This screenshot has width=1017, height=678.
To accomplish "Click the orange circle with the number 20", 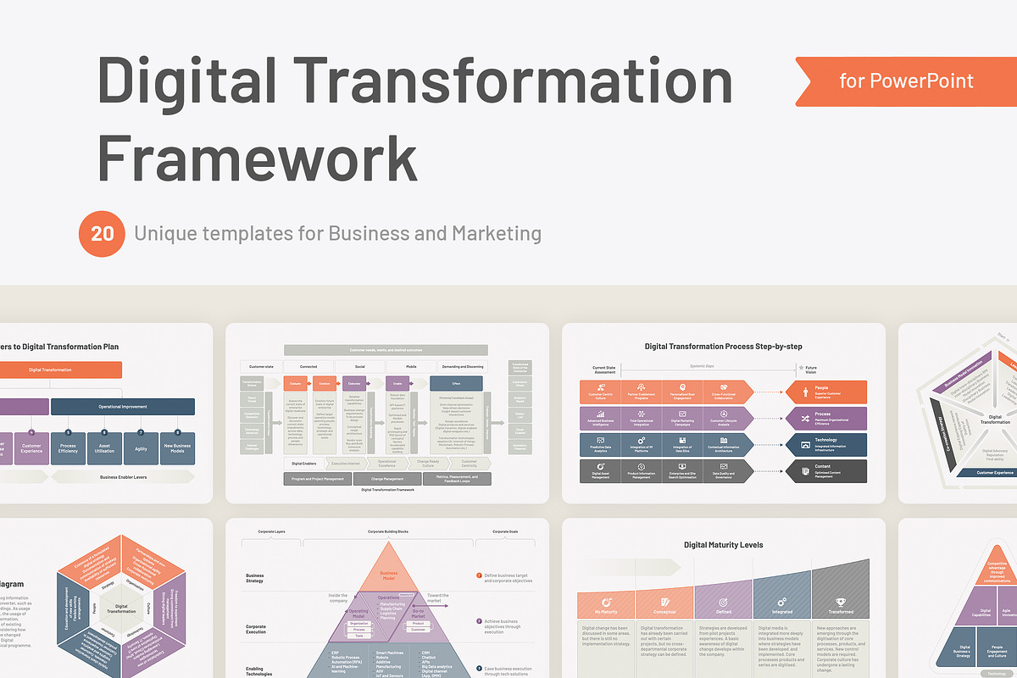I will click(x=103, y=233).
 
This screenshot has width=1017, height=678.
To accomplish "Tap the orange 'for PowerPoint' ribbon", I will click(x=905, y=81).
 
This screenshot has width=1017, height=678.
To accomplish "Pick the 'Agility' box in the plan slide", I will click(x=141, y=449).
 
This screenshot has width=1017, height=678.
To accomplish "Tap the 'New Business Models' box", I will click(x=177, y=449).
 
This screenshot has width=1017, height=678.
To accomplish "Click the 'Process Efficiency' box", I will click(x=68, y=449).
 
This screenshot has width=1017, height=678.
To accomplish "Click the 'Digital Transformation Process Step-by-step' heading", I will click(x=723, y=346).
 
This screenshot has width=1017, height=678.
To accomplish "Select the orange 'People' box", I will click(x=825, y=392).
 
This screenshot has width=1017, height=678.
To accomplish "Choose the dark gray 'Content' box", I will click(x=825, y=471).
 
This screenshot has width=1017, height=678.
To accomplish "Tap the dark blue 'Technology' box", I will click(x=825, y=444).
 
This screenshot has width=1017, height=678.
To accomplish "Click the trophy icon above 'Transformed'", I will click(x=841, y=599).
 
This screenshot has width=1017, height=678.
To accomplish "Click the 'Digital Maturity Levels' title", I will click(x=723, y=545).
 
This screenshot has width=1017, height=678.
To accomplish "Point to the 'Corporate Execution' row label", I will click(x=255, y=629).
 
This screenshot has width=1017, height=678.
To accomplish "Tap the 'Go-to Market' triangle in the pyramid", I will click(x=418, y=613).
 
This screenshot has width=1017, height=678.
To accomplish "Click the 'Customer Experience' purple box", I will click(x=31, y=449).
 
